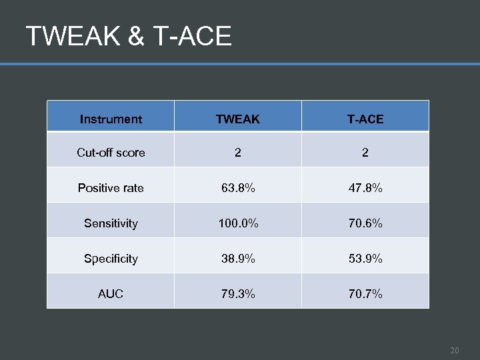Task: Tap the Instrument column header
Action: (111, 119)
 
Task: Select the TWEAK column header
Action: (238, 119)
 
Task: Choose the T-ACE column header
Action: (365, 119)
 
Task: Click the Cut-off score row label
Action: (111, 153)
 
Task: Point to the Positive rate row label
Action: (111, 188)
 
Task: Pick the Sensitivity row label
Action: (111, 223)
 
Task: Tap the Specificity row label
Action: (111, 259)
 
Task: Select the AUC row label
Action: (111, 294)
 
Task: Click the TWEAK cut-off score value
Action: (238, 153)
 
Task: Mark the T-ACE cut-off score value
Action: (365, 153)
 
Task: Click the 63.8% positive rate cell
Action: (238, 188)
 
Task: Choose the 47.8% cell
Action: (365, 188)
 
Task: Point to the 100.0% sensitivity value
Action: (238, 223)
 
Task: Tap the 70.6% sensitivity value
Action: (365, 223)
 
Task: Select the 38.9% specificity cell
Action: (238, 259)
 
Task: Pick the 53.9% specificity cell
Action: (365, 259)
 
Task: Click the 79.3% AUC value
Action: (238, 294)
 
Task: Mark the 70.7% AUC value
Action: (365, 294)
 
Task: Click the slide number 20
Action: (454, 350)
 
